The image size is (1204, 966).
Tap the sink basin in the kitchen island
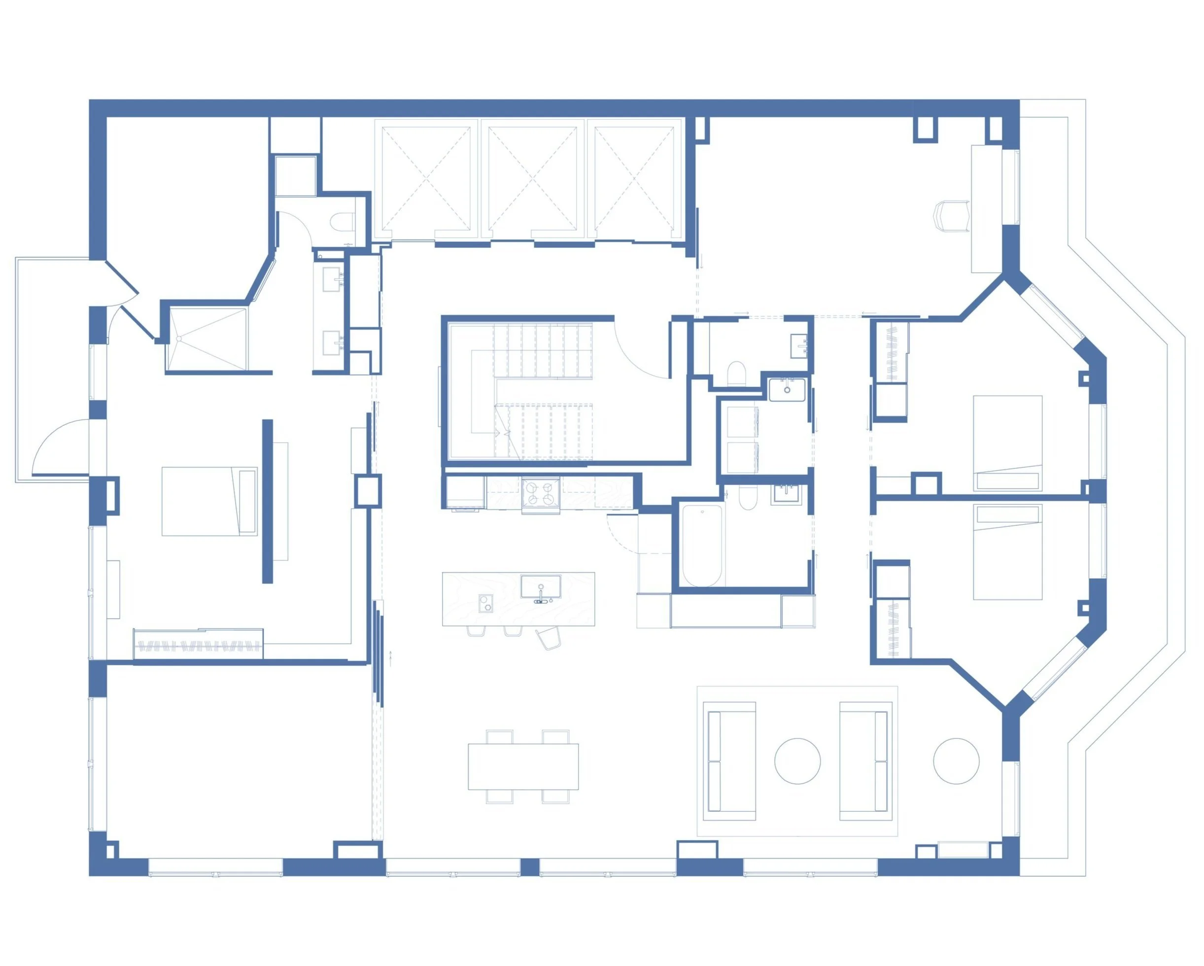click(x=541, y=586)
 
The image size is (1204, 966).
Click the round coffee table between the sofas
click(x=797, y=760)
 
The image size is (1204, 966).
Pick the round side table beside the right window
click(x=956, y=760)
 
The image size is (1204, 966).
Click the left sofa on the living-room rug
click(x=729, y=760)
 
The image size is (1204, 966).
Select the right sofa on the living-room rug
click(x=865, y=760)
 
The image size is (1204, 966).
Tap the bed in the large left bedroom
click(x=209, y=501)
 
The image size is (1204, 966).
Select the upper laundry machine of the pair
click(x=739, y=423)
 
